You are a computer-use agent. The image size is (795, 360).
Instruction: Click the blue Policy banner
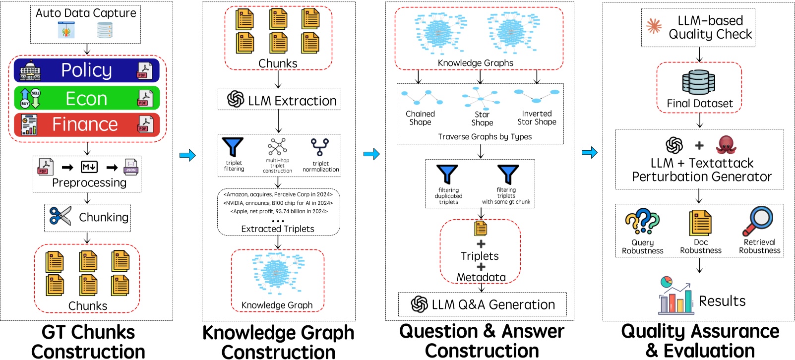87,70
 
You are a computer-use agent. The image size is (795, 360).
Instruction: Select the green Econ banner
87,98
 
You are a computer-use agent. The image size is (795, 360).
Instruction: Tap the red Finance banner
87,124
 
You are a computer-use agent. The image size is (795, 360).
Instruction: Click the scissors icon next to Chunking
61,216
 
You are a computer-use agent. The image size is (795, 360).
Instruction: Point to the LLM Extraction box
279,99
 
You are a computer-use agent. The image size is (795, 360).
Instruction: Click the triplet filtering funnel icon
233,147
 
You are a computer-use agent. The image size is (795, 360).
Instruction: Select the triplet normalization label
320,167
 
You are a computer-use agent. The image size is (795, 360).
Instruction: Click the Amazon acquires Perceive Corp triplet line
278,194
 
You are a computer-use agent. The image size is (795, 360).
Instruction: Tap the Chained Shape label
420,118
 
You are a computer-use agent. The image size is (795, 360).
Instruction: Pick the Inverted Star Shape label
537,118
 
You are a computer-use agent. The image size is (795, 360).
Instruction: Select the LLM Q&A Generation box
483,304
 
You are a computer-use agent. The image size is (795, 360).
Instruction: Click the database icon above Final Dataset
699,82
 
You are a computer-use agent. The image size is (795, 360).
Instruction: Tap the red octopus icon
726,145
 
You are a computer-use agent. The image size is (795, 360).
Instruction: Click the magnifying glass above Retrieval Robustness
758,221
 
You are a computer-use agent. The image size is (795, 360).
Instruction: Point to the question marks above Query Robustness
642,222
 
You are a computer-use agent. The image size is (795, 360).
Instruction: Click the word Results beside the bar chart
722,301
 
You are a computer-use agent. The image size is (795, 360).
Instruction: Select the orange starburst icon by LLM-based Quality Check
654,26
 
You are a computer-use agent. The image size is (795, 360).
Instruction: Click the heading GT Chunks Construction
88,342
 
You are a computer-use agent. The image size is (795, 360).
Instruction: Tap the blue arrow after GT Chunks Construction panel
188,155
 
